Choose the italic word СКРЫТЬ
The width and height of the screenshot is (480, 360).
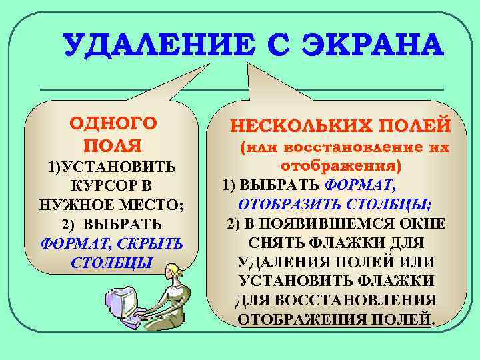click(150, 242)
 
